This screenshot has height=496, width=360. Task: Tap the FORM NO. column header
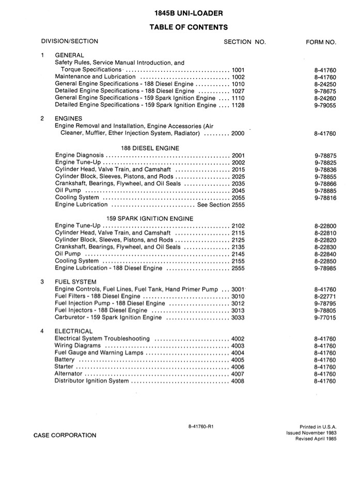[321, 41]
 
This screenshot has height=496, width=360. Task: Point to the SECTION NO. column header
[244, 41]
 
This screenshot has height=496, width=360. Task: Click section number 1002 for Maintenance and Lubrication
[238, 76]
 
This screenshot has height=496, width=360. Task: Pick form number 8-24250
[325, 84]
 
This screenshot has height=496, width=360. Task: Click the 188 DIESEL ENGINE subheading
[154, 148]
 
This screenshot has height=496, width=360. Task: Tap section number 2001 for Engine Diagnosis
[238, 155]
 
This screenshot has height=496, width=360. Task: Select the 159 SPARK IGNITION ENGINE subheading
[150, 219]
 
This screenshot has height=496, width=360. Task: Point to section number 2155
[238, 261]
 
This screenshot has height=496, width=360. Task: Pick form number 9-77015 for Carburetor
[325, 317]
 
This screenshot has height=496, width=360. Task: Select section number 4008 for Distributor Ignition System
[238, 381]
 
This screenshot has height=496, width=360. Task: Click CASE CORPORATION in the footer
[65, 435]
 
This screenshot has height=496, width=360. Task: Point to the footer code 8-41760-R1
[205, 426]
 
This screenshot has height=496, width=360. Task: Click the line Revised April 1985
[316, 438]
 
